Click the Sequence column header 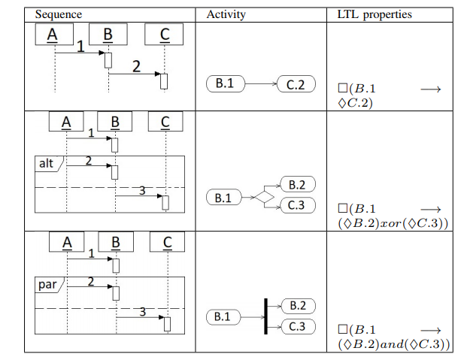[x=59, y=14]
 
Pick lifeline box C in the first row [x=165, y=35]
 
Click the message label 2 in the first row [x=136, y=65]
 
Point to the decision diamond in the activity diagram [x=264, y=197]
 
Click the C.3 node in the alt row [x=296, y=206]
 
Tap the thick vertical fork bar [x=265, y=316]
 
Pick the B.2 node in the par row [x=297, y=306]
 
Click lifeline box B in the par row [x=116, y=242]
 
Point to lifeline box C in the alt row [x=165, y=122]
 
